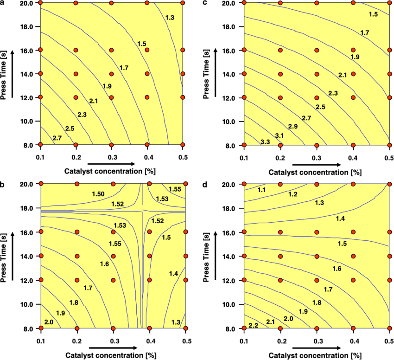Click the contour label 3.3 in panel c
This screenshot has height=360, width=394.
(266, 141)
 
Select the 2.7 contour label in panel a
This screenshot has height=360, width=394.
(57, 138)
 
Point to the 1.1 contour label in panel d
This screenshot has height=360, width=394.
(261, 190)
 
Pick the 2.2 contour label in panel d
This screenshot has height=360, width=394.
(254, 326)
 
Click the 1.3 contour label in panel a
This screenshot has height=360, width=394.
(170, 18)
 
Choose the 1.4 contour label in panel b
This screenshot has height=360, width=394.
(173, 274)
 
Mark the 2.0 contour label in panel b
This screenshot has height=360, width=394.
(50, 322)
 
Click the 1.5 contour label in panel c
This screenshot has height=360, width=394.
(373, 15)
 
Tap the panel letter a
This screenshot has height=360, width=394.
(2, 2)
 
